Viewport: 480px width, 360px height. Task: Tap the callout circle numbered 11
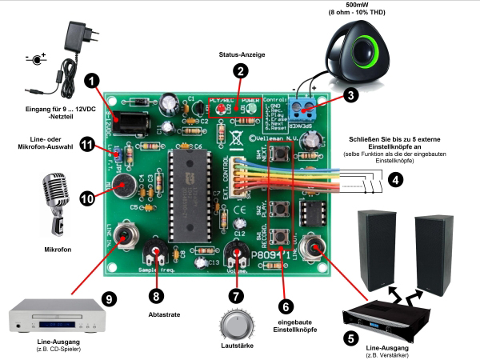[x=87, y=144]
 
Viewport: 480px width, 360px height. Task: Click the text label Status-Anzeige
[x=241, y=54]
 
